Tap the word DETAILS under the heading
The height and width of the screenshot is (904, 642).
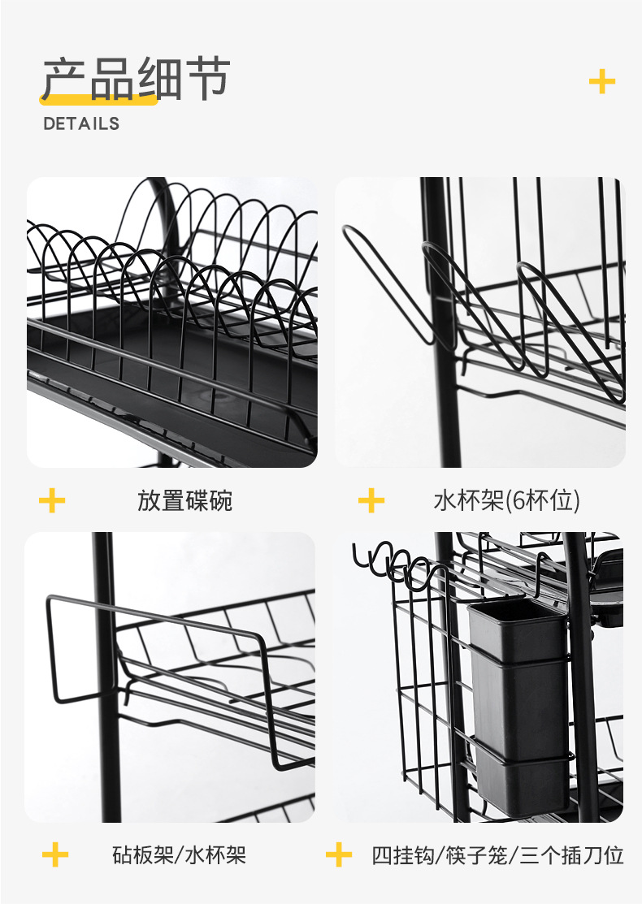click(x=81, y=123)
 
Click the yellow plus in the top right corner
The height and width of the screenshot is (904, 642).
click(x=602, y=81)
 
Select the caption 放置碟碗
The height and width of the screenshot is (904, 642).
click(x=184, y=500)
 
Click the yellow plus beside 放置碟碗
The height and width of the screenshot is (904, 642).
click(x=52, y=500)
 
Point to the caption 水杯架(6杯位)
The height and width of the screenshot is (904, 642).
click(x=506, y=500)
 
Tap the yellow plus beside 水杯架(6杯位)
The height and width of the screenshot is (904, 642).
click(x=371, y=500)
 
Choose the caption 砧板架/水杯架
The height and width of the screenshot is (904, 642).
click(x=180, y=854)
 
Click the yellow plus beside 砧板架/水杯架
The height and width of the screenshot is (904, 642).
click(x=55, y=854)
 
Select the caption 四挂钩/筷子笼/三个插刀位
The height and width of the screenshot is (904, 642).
click(x=497, y=854)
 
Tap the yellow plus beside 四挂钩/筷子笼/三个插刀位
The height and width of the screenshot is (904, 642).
click(x=339, y=854)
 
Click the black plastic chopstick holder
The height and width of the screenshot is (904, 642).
click(x=518, y=707)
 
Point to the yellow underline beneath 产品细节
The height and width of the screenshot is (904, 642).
click(x=98, y=100)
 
